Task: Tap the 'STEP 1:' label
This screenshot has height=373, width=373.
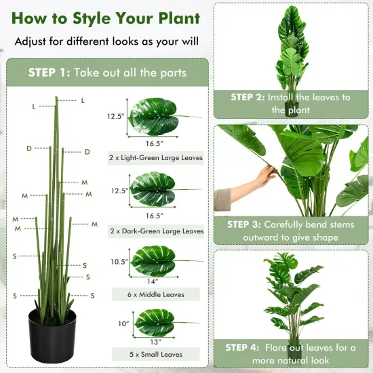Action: click(50, 73)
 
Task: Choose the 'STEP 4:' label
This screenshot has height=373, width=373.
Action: click(248, 348)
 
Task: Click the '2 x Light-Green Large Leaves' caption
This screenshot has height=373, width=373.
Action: click(155, 158)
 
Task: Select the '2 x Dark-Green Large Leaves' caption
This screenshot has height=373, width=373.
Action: click(155, 231)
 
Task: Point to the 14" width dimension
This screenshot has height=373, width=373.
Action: click(154, 280)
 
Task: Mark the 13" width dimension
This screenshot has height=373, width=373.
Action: click(154, 340)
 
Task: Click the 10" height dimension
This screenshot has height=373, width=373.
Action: click(123, 324)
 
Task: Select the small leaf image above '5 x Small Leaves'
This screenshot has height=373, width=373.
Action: click(155, 323)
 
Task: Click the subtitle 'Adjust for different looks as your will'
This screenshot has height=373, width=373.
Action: click(106, 41)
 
